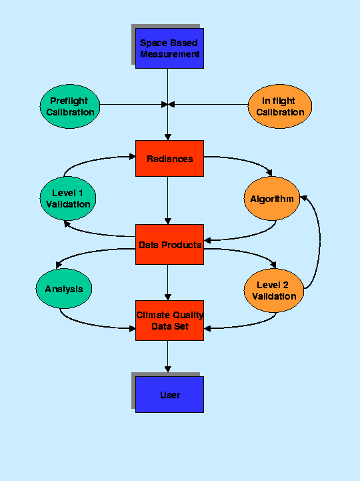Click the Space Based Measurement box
(169, 49)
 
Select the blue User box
(169, 394)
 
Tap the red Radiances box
(169, 158)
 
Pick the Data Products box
(169, 244)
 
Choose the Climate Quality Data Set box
(169, 320)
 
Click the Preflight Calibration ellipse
(70, 106)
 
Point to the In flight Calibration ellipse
(279, 106)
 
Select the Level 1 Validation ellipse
(68, 198)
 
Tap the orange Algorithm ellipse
(272, 199)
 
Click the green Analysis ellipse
(64, 288)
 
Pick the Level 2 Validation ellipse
(274, 290)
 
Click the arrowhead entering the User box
(168, 369)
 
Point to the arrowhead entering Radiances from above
(168, 137)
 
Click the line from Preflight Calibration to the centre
(134, 105)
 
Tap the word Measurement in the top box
(170, 54)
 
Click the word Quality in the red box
(187, 316)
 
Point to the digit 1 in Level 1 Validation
(81, 193)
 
